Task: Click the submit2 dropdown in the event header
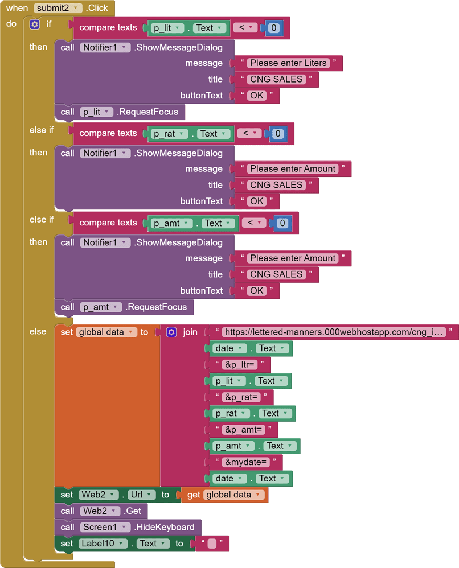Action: [58, 8]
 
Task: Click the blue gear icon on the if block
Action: [35, 24]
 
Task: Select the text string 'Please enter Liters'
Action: [288, 63]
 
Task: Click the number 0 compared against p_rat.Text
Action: [278, 134]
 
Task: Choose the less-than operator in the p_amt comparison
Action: [253, 223]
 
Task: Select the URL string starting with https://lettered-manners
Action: [334, 332]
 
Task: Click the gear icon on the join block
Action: [171, 332]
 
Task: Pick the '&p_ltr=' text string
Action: [240, 365]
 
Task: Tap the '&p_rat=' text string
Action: [241, 397]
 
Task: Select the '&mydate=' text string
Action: [246, 462]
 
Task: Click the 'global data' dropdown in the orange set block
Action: [106, 332]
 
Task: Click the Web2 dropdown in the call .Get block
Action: [99, 511]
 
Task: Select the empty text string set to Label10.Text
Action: [212, 544]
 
